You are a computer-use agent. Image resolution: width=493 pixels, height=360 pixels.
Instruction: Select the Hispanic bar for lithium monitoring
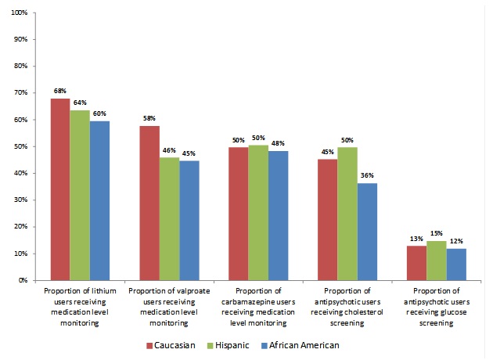pos(79,195)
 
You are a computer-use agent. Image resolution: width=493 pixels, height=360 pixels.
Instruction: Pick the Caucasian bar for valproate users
pos(150,203)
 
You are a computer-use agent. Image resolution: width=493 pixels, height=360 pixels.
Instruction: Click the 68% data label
pos(59,92)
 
